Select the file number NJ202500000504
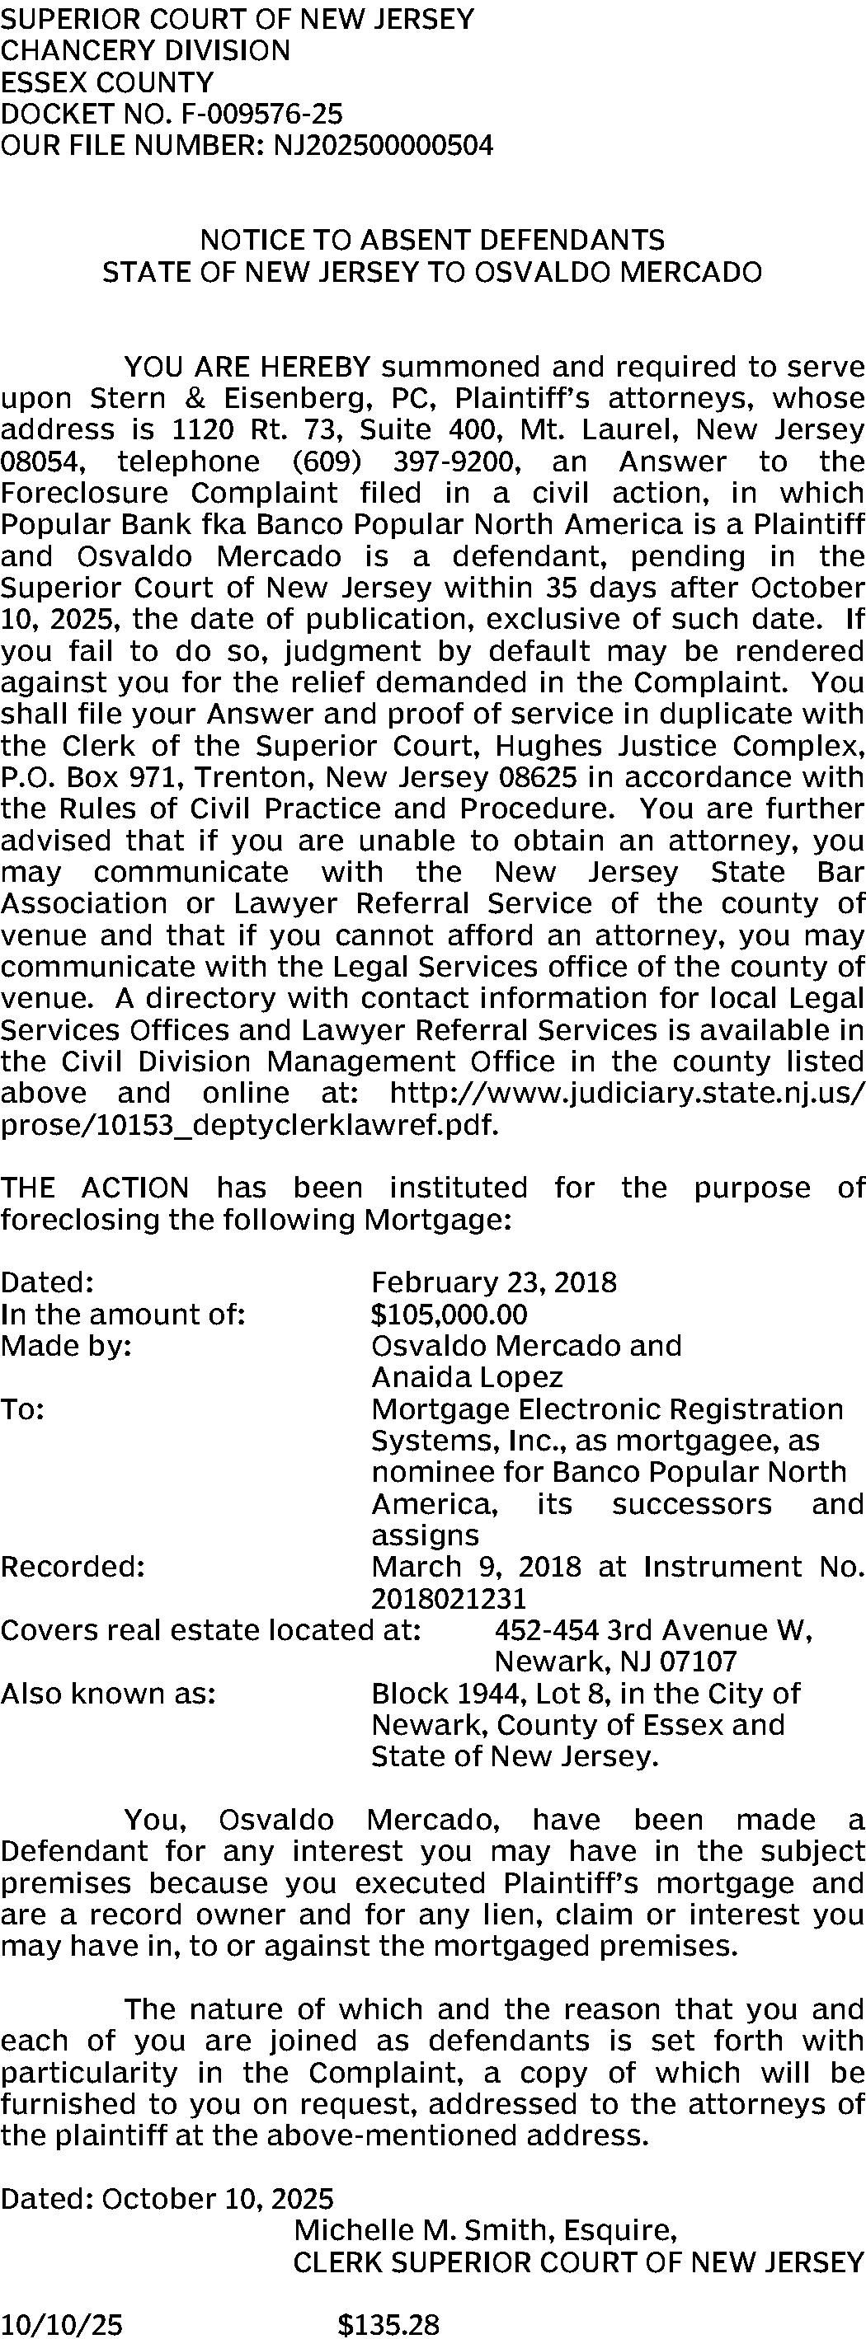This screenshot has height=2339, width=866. pyautogui.click(x=383, y=145)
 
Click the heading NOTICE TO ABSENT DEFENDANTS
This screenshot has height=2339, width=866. pyautogui.click(x=431, y=240)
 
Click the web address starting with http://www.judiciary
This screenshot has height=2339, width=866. pyautogui.click(x=627, y=1093)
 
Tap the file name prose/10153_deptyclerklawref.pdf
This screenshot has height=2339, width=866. pyautogui.click(x=250, y=1125)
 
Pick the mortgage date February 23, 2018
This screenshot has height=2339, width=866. pyautogui.click(x=493, y=1282)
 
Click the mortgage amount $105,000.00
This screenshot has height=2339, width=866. pyautogui.click(x=449, y=1314)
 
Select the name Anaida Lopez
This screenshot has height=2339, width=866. pyautogui.click(x=467, y=1377)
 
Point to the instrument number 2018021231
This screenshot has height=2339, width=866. pyautogui.click(x=449, y=1598)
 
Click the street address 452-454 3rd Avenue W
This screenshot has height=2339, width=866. pyautogui.click(x=653, y=1630)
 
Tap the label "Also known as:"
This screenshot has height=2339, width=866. pyautogui.click(x=108, y=1694)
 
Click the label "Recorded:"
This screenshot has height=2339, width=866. pyautogui.click(x=73, y=1566)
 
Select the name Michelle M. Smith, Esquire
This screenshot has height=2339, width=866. pyautogui.click(x=484, y=2230)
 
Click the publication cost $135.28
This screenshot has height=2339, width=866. pyautogui.click(x=388, y=2324)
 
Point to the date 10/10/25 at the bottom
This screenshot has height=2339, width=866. pyautogui.click(x=61, y=2324)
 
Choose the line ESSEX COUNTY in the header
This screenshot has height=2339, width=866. pyautogui.click(x=107, y=82)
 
